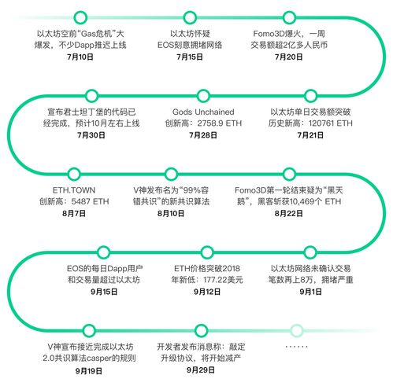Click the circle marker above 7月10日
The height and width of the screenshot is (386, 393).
coord(80,17)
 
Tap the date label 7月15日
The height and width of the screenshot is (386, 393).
coord(190,57)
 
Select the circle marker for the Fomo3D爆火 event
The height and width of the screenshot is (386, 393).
coord(289,17)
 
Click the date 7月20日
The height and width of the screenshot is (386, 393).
coord(289,57)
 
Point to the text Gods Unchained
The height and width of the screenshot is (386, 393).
coord(203,112)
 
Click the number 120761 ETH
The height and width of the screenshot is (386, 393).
coord(331,123)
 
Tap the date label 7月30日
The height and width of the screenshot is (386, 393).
coord(91,135)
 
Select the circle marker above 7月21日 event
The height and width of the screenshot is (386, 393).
coord(310,96)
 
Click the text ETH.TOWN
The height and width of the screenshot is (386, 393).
coord(74,190)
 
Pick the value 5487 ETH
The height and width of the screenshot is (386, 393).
coord(90,201)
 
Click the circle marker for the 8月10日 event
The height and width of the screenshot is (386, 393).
coord(171,174)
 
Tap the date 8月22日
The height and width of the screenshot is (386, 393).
coord(289,213)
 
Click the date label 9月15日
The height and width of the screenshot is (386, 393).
coord(104,292)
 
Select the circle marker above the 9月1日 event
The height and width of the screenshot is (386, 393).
coord(310,252)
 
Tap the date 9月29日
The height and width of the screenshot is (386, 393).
coord(201,370)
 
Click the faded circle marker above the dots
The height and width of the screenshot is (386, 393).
coord(297,330)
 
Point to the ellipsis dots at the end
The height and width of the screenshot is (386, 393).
coord(296,347)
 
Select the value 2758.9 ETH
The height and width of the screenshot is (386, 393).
coord(220,123)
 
